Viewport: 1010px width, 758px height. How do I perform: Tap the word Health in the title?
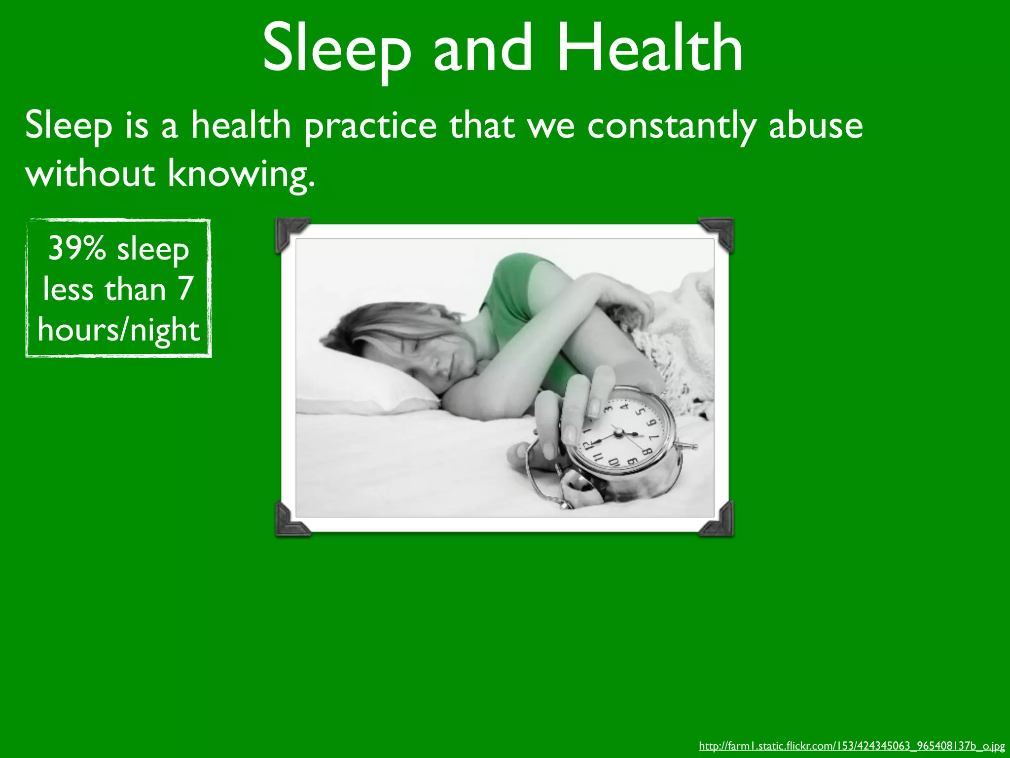pyautogui.click(x=649, y=48)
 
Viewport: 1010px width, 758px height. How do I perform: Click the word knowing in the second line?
pyautogui.click(x=240, y=174)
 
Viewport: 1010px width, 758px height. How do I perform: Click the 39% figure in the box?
pyautogui.click(x=77, y=248)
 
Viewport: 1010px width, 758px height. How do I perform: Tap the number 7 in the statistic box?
pyautogui.click(x=185, y=289)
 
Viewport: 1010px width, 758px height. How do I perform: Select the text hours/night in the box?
pyautogui.click(x=118, y=330)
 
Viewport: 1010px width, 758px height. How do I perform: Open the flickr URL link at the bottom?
pyautogui.click(x=852, y=746)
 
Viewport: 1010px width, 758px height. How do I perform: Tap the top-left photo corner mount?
pyautogui.click(x=291, y=233)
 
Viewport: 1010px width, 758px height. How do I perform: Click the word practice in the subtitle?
pyautogui.click(x=370, y=126)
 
